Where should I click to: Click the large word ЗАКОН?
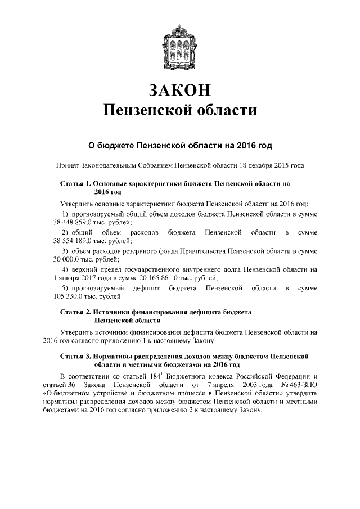[x=180, y=90]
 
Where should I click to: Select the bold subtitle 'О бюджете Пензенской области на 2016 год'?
[x=180, y=146]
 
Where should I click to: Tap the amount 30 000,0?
[x=68, y=259]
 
